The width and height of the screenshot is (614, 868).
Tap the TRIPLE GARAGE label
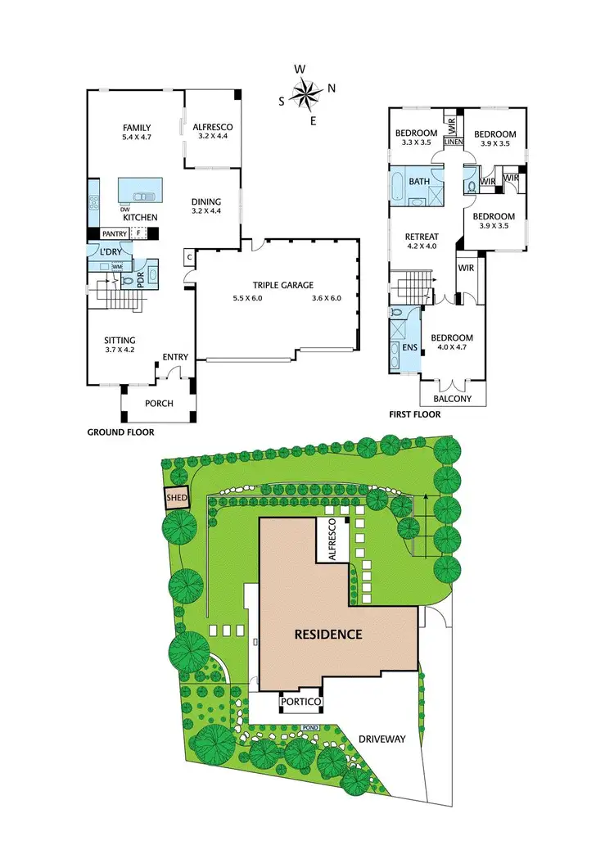(282, 284)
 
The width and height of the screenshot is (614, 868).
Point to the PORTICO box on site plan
(300, 702)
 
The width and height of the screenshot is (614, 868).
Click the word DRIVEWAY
(382, 739)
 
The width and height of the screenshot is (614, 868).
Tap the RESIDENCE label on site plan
(328, 634)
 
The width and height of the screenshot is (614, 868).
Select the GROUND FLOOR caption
(120, 432)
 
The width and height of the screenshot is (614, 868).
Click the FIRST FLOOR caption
(414, 414)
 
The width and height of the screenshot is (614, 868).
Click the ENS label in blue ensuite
(409, 348)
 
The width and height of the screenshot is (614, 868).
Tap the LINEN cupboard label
(454, 142)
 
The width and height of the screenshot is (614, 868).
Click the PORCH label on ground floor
(158, 404)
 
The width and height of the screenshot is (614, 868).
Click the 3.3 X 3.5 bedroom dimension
(416, 142)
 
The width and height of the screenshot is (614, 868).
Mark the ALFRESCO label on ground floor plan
(213, 127)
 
